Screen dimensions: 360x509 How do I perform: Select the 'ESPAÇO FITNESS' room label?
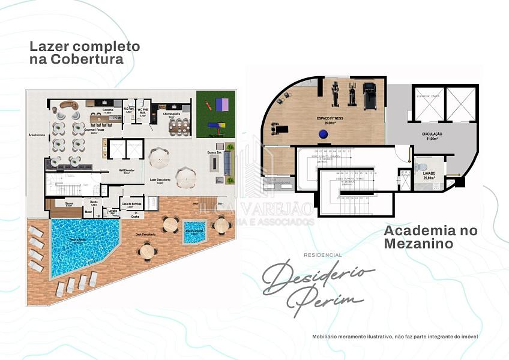[x=330, y=119]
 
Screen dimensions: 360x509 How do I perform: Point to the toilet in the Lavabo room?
[x=422, y=166]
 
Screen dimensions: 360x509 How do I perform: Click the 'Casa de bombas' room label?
[x=131, y=203]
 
